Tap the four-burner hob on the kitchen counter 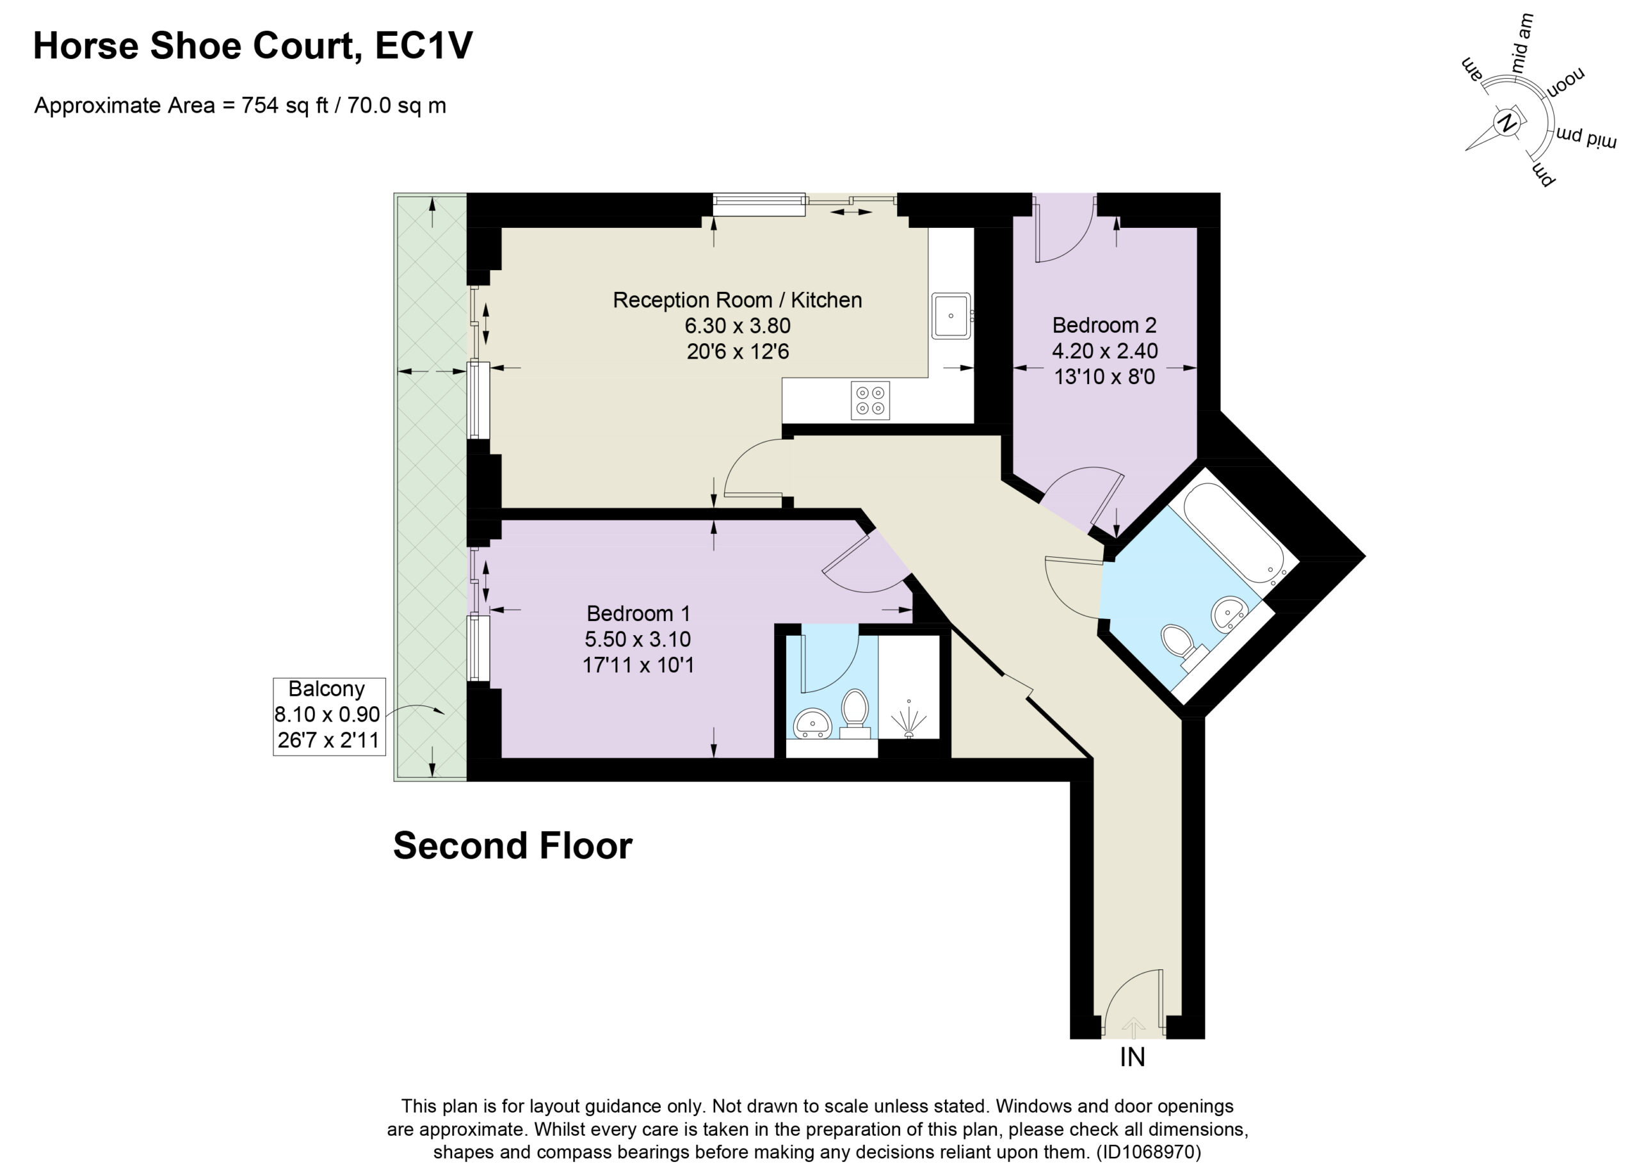(x=870, y=400)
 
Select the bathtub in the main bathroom (x=1233, y=533)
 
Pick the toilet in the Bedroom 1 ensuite (x=855, y=713)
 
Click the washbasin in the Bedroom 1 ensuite (x=812, y=723)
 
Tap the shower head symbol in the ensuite (x=908, y=722)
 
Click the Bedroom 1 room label (x=638, y=613)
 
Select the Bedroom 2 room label (x=1104, y=325)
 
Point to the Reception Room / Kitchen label (x=737, y=300)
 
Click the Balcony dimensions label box (x=329, y=716)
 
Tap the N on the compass (x=1506, y=124)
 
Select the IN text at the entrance (x=1132, y=1057)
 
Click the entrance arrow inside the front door (x=1133, y=1028)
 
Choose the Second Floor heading (x=513, y=846)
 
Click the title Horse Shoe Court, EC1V (x=253, y=45)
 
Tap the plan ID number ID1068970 (x=1148, y=1152)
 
